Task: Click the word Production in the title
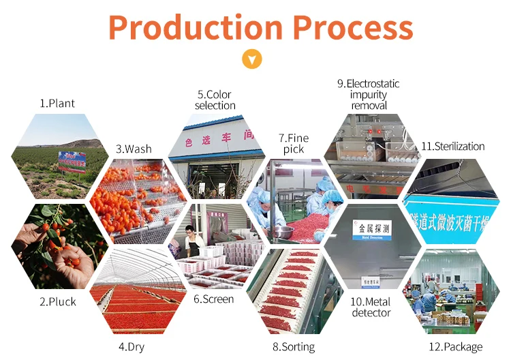coord(195,28)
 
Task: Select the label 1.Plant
coord(57,104)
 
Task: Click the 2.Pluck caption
coord(57,301)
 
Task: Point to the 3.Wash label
coord(134,149)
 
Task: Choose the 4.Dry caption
coord(134,346)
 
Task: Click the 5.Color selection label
coord(215,100)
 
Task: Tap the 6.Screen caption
coord(213,299)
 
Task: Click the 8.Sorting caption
coord(294,346)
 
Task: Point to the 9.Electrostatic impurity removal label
coord(369,94)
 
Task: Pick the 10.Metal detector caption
coord(371,307)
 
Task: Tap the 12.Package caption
coord(455,346)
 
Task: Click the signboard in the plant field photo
coord(72,161)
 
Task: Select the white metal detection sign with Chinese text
coord(371,229)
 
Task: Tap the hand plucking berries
coord(68,259)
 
